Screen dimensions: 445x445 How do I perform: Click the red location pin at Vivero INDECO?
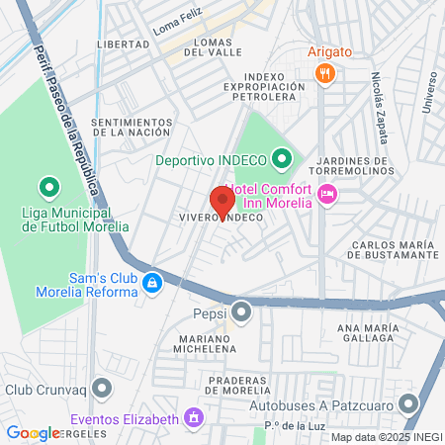(222, 202)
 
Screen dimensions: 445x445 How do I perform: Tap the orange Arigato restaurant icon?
(323, 73)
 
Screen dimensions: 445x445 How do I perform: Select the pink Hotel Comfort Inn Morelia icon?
(328, 195)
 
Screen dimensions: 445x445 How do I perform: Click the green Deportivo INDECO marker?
(282, 158)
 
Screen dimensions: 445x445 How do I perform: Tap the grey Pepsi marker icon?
(241, 314)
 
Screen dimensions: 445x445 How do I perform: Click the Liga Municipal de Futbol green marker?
(47, 186)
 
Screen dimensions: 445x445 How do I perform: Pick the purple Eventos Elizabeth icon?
(195, 418)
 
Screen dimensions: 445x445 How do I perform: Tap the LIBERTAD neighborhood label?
(123, 45)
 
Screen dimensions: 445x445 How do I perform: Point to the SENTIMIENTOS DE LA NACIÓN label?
(131, 127)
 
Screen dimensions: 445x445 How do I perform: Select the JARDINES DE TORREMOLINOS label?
(352, 166)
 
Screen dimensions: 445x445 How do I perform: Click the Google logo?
(33, 433)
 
